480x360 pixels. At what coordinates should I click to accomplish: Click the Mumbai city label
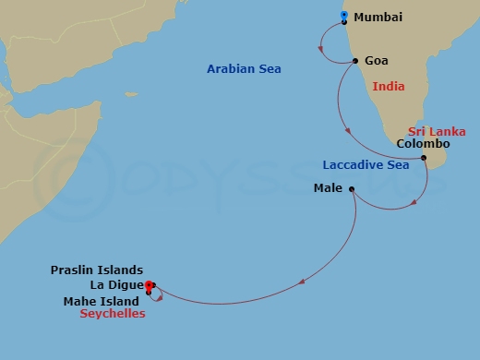pos(378,18)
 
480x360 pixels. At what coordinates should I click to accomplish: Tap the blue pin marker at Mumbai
pos(344,17)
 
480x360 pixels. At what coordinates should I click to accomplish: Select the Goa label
pos(377,61)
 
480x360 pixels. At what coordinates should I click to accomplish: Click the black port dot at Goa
pos(356,61)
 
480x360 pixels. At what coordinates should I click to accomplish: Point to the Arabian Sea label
pos(244,69)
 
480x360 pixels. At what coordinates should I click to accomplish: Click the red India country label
pos(389,87)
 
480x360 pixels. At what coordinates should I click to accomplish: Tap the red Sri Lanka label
pos(437,132)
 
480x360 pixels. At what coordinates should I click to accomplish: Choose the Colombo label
pos(422,144)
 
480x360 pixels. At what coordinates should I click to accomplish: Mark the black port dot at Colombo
pos(424,158)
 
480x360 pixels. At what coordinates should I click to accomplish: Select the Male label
pos(329,188)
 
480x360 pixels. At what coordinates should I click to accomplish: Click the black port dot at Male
pos(352,188)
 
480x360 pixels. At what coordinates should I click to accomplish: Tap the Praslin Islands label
pos(96,270)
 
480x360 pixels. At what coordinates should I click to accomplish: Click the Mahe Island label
pos(102,301)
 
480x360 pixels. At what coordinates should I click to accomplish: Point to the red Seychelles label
pos(113,314)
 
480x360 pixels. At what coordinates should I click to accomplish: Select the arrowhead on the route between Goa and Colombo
pos(348,132)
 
